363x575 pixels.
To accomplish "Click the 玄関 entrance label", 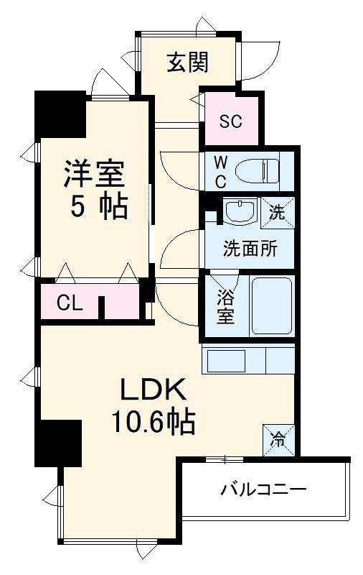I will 188,63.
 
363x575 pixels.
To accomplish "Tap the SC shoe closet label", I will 230,121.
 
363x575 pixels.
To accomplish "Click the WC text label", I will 221,171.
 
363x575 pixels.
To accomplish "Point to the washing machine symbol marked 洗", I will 276,212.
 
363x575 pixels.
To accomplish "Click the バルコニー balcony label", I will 263,491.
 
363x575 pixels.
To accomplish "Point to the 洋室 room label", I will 94,174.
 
